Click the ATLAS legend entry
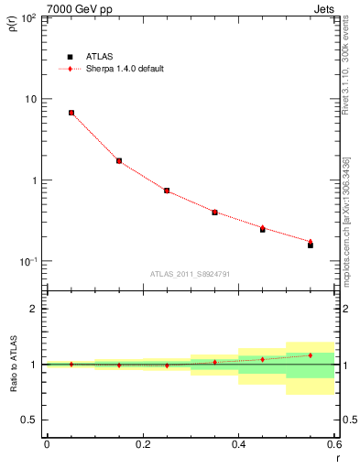coord(101,56)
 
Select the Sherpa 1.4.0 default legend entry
coord(125,69)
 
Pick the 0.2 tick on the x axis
coord(142,444)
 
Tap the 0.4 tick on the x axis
coord(238,444)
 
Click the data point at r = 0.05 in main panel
coord(71,113)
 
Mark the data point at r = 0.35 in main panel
coord(214,212)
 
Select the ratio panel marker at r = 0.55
coord(311,355)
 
